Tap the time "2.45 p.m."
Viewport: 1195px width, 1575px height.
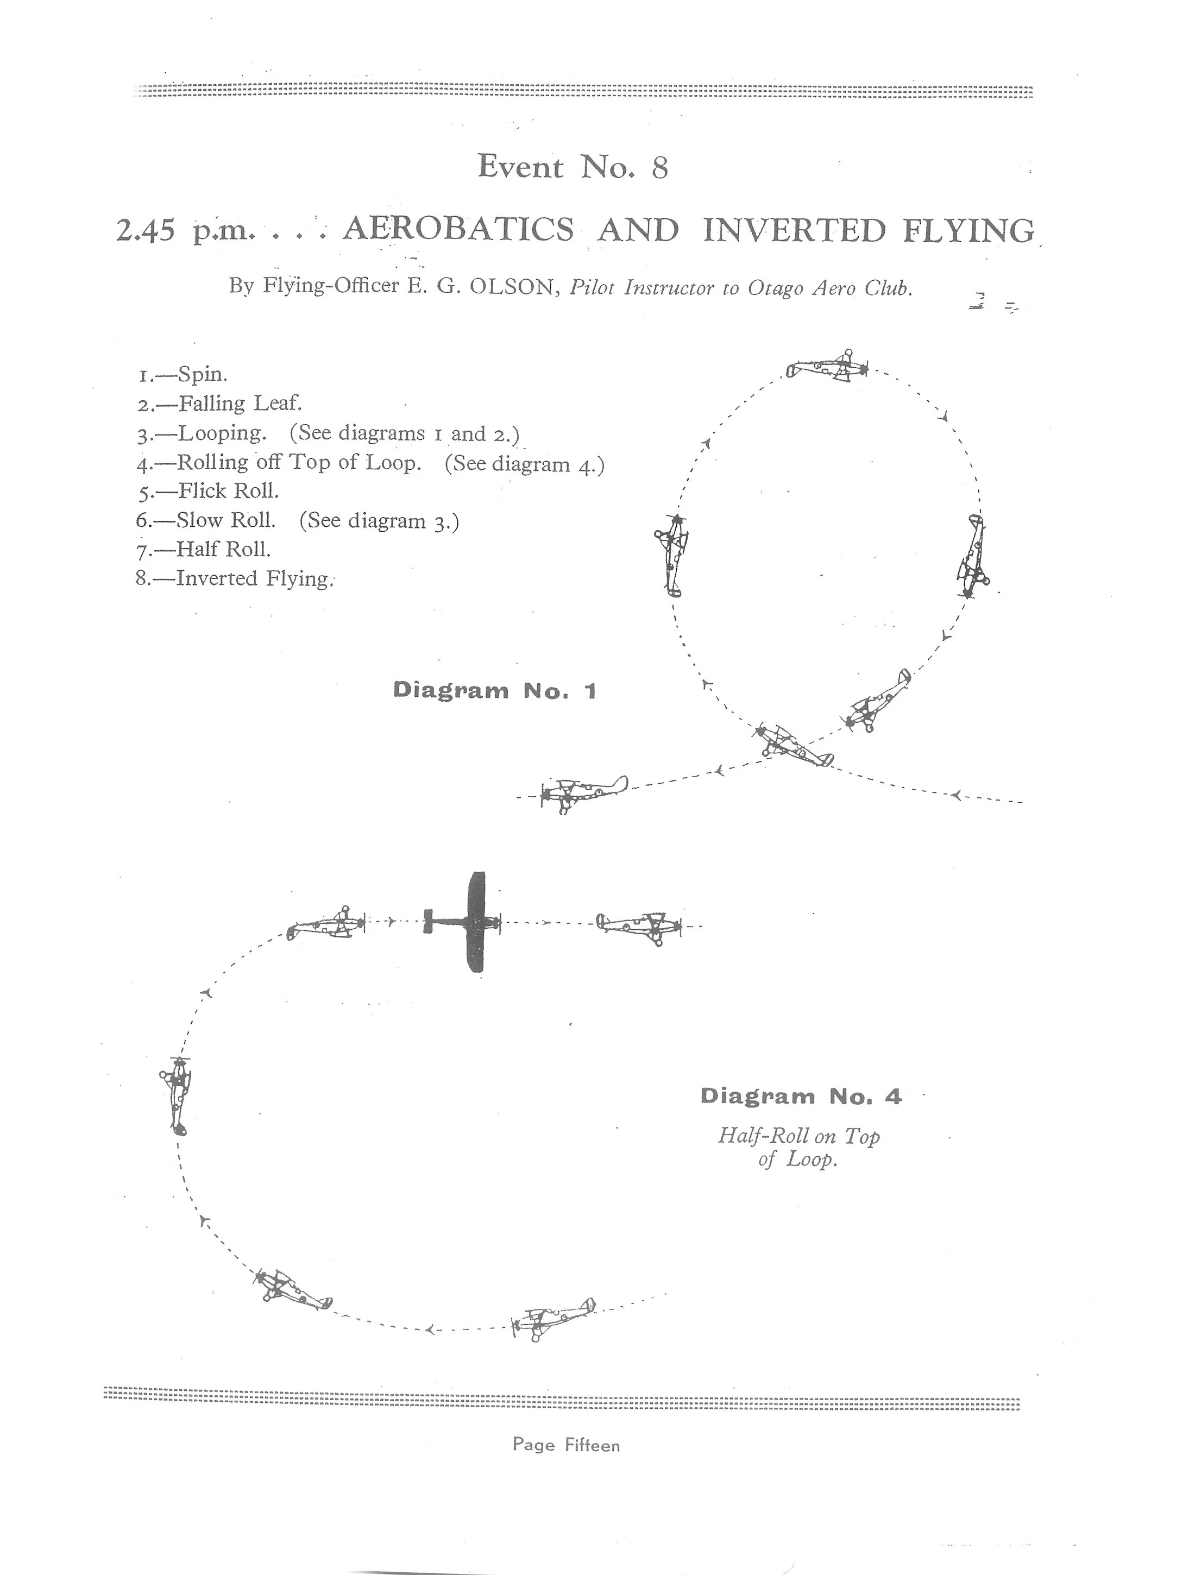[185, 231]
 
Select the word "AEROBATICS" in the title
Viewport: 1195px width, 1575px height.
[458, 230]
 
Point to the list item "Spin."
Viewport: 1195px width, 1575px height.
[202, 375]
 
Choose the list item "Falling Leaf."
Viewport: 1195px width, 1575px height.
[240, 404]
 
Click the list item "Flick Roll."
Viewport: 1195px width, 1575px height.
[228, 492]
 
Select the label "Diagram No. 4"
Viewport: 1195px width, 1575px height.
[801, 1097]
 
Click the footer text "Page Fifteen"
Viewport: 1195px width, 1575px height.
[566, 1445]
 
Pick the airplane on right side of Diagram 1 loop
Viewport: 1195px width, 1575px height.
[973, 556]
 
